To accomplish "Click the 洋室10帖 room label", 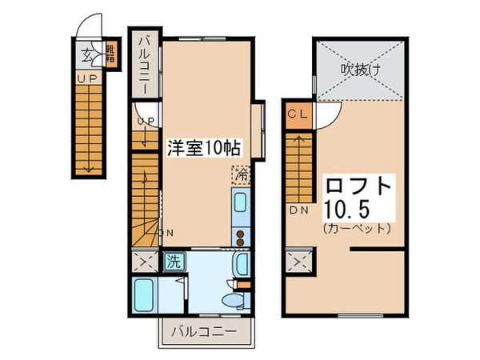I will (204, 148).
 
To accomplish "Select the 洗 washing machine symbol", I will (173, 261).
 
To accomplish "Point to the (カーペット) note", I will (358, 229).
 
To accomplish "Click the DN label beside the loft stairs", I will (298, 211).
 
